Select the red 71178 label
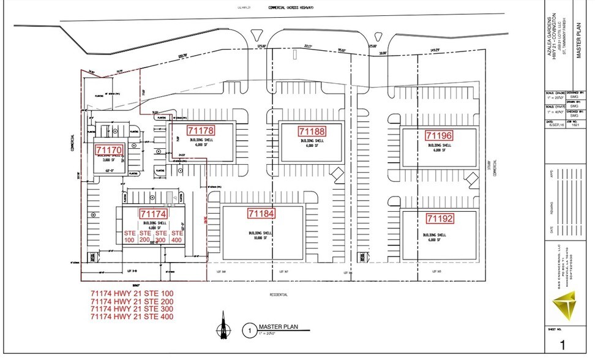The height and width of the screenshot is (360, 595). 201,130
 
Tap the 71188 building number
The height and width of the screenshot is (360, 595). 311,131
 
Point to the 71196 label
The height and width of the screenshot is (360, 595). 439,135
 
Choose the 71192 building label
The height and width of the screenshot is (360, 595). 440,218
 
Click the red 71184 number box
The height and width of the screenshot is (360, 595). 261,214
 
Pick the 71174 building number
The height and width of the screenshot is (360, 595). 153,214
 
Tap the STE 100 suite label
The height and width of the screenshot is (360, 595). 130,237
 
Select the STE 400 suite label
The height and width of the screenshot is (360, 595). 178,237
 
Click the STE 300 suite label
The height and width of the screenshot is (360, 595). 161,237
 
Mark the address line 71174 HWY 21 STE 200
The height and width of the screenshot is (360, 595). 132,302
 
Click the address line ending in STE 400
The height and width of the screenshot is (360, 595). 132,317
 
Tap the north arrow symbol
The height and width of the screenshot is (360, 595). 223,324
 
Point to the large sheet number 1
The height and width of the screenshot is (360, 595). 562,345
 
